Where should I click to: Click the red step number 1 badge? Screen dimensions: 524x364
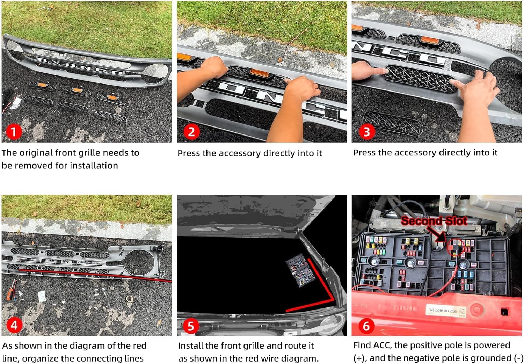(x=14, y=132)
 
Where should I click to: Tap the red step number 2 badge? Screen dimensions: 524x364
(x=191, y=132)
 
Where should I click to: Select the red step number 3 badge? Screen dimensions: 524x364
(x=367, y=132)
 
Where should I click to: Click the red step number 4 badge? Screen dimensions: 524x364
(x=14, y=325)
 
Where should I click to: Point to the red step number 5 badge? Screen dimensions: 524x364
(x=191, y=326)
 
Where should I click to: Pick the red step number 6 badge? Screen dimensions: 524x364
(x=366, y=326)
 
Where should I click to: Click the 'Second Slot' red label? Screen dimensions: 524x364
(x=434, y=220)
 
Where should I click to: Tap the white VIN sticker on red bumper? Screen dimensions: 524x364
(x=446, y=311)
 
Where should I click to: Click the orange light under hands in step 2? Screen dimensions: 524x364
(x=260, y=73)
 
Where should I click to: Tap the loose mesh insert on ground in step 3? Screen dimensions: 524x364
(x=393, y=123)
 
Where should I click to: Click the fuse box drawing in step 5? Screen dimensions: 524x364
(x=301, y=270)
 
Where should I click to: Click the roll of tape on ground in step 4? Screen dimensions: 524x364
(x=129, y=298)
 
